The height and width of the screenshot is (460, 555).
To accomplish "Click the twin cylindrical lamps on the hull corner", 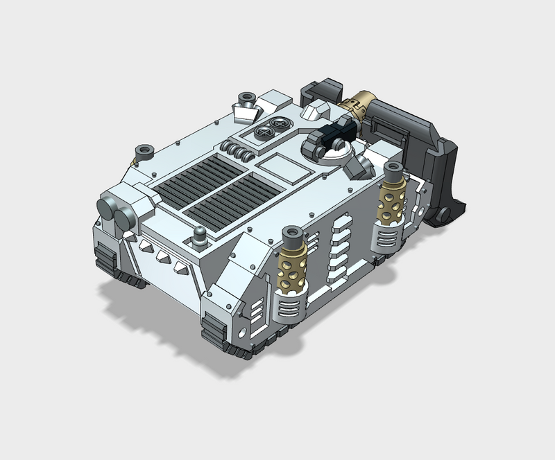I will tap(117, 213).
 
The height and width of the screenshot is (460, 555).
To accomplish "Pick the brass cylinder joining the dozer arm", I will tap(358, 104).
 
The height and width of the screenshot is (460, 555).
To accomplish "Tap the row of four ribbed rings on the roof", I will tap(238, 150).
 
